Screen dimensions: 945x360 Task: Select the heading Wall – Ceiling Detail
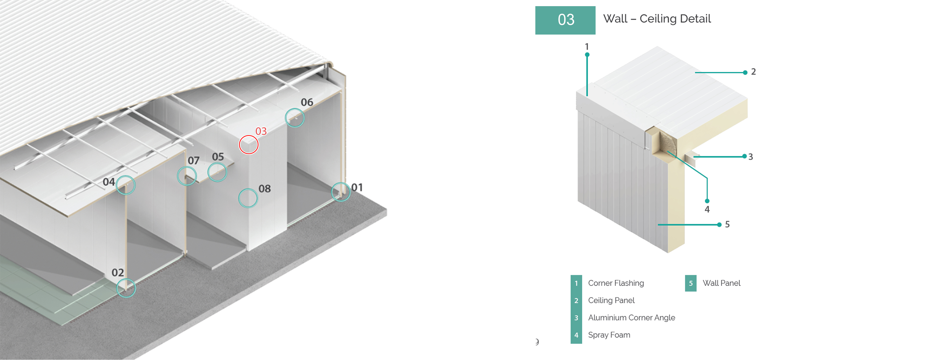[657, 19]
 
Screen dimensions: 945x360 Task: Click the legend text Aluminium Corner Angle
[631, 318]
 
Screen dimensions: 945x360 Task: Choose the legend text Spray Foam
[609, 335]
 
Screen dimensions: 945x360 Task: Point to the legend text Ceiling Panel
[611, 301]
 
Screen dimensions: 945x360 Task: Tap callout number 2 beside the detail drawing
[753, 72]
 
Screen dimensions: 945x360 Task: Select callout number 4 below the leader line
[707, 209]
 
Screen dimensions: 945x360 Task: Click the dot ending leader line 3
[744, 156]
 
